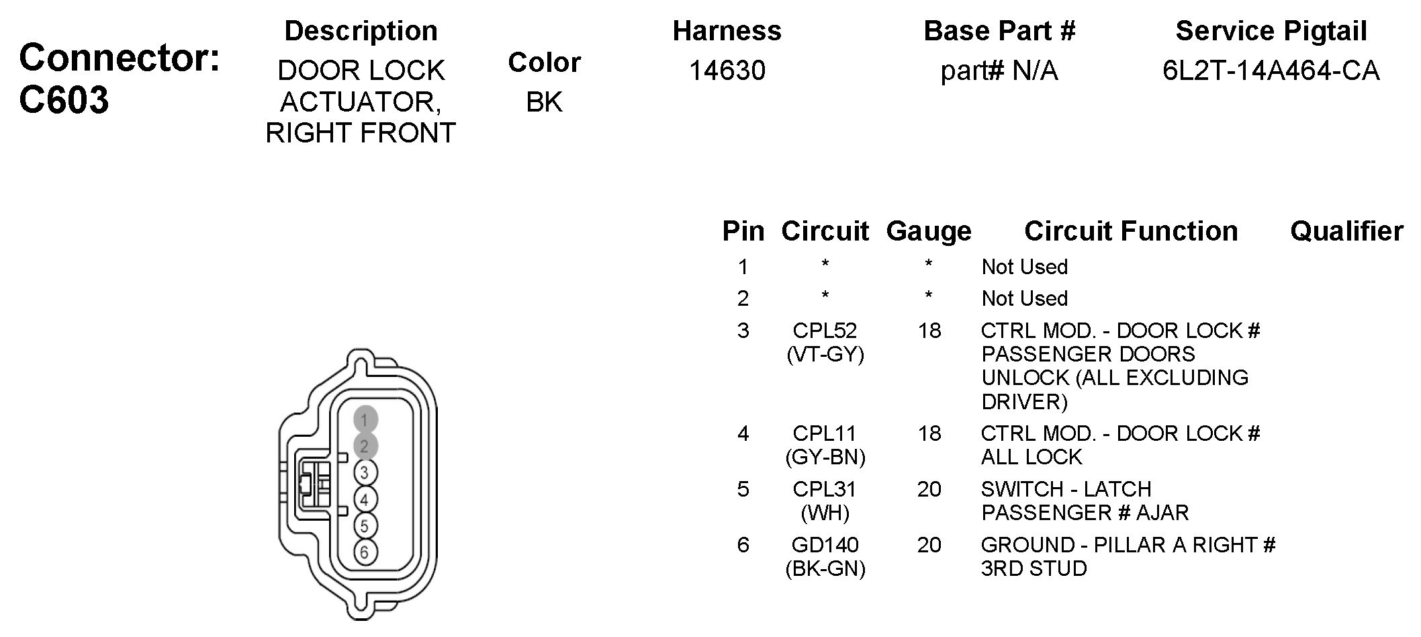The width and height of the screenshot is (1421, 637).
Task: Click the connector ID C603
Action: [64, 101]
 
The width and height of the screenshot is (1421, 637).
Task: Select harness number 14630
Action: [727, 71]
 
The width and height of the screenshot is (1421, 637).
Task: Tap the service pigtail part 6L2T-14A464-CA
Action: [1271, 71]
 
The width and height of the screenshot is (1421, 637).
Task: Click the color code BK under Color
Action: [544, 102]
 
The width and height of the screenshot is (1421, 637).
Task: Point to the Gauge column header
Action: [929, 231]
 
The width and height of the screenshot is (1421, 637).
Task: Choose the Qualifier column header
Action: [1346, 231]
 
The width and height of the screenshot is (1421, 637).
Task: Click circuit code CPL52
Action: [825, 331]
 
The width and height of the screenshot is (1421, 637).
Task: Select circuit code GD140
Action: [825, 545]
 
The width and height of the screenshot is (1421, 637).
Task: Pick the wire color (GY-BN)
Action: [825, 458]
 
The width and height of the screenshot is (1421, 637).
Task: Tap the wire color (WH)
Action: [825, 513]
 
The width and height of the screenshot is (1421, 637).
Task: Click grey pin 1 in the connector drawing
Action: [365, 420]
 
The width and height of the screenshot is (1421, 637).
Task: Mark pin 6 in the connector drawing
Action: [365, 552]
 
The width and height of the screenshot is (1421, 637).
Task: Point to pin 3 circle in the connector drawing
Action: [365, 473]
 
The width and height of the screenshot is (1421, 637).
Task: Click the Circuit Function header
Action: [1131, 231]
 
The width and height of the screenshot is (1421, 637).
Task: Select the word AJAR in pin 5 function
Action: [1162, 513]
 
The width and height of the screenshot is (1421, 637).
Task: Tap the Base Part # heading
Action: [999, 31]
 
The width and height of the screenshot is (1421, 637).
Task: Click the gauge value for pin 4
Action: [929, 434]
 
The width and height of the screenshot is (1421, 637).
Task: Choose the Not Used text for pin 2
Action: [1024, 298]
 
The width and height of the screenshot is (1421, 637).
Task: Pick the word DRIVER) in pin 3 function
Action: [1024, 402]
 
